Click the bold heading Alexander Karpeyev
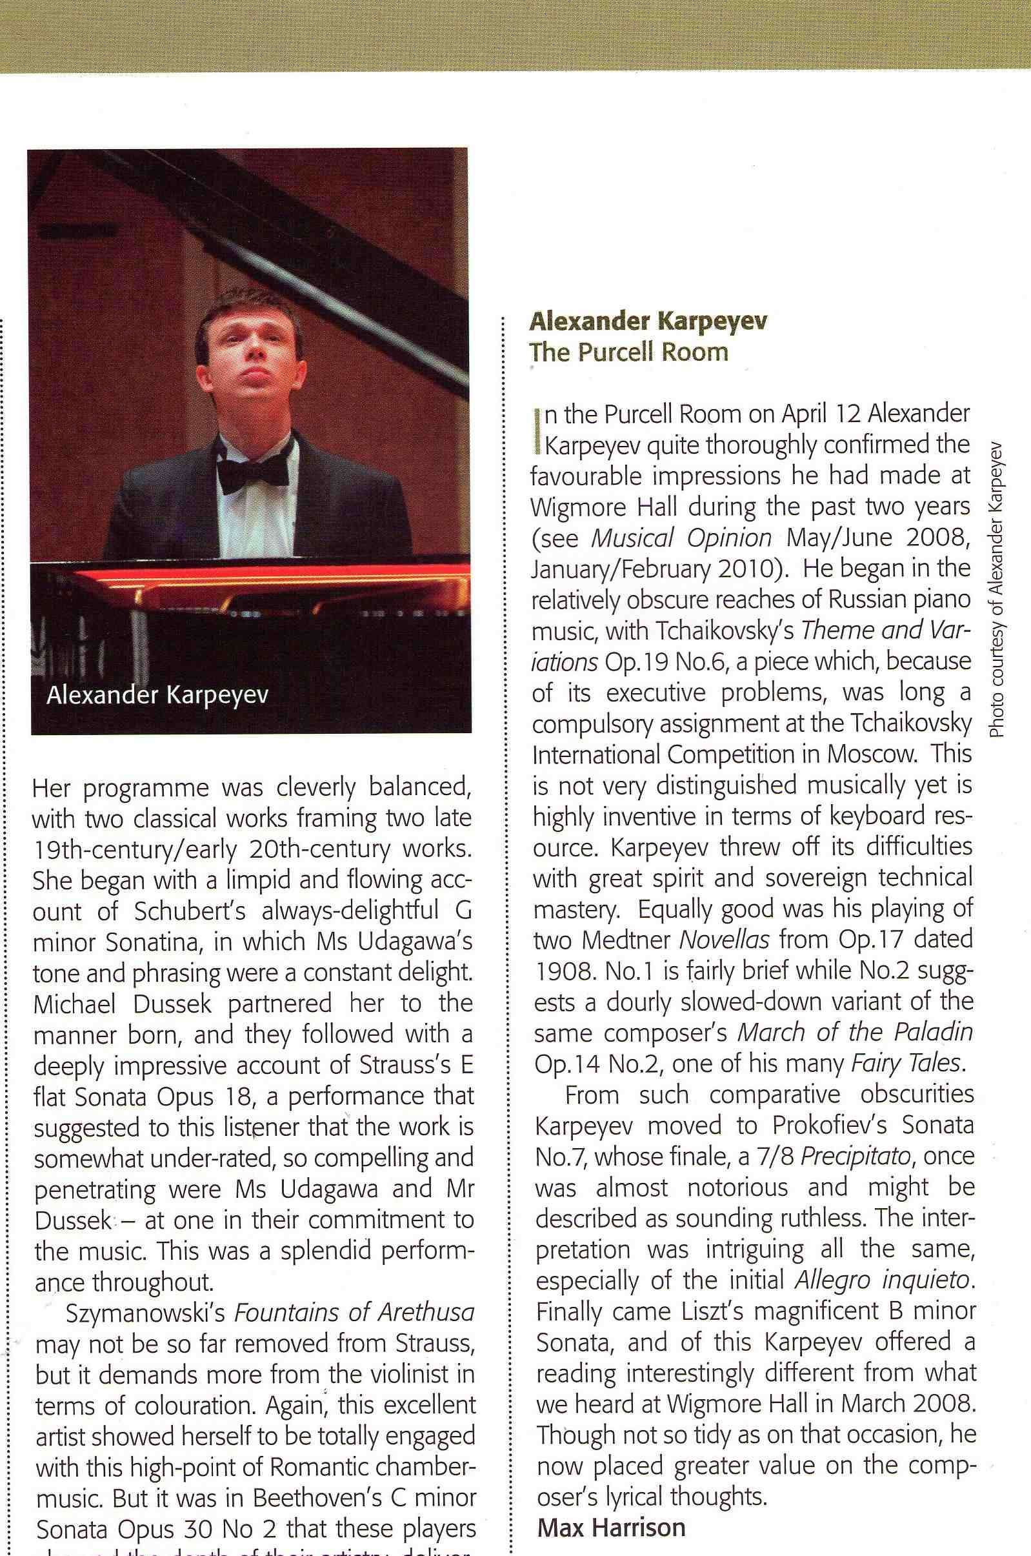[x=648, y=321]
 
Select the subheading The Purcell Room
[x=629, y=352]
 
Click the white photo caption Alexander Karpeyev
[x=157, y=695]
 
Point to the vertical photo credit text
[x=997, y=590]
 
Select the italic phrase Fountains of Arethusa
[x=354, y=1313]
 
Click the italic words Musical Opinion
[x=681, y=538]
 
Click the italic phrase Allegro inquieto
[x=883, y=1280]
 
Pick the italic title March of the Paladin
[x=854, y=1033]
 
